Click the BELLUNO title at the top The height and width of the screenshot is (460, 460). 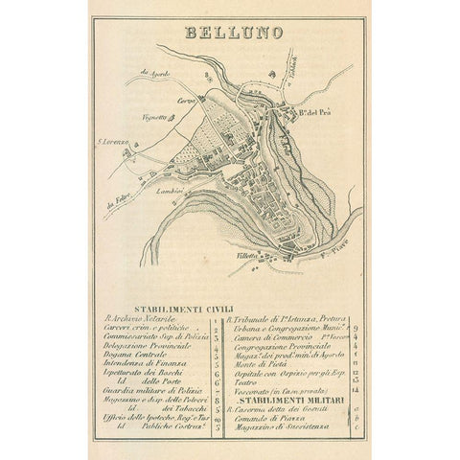click(232, 31)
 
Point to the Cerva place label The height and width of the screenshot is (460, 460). click(185, 99)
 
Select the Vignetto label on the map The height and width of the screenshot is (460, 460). click(155, 116)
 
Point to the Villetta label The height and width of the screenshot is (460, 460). click(250, 256)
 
